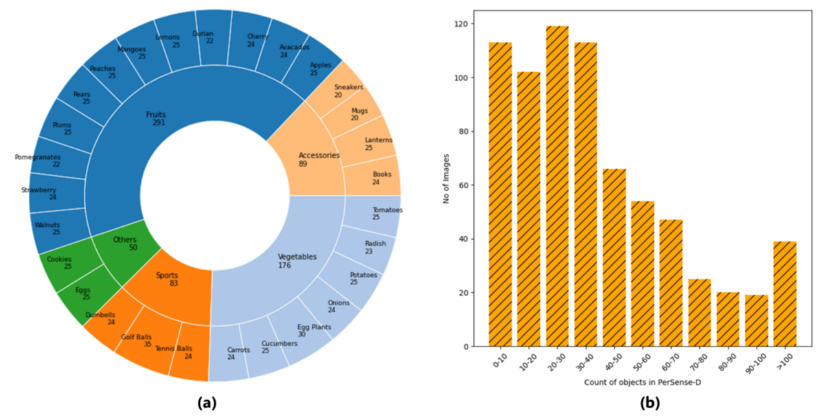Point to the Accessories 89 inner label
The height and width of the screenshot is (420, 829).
[x=318, y=159]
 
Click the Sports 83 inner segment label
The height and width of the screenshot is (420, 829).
[x=167, y=279]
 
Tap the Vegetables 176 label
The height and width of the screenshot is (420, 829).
[x=297, y=261]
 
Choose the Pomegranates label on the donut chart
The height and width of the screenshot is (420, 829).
[x=38, y=161]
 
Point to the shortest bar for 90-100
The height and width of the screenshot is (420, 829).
[x=756, y=320]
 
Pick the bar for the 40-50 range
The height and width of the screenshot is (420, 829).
[x=614, y=257]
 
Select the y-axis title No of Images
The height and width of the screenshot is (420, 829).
[x=446, y=179]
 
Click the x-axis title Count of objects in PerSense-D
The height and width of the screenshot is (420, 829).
[x=642, y=382]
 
